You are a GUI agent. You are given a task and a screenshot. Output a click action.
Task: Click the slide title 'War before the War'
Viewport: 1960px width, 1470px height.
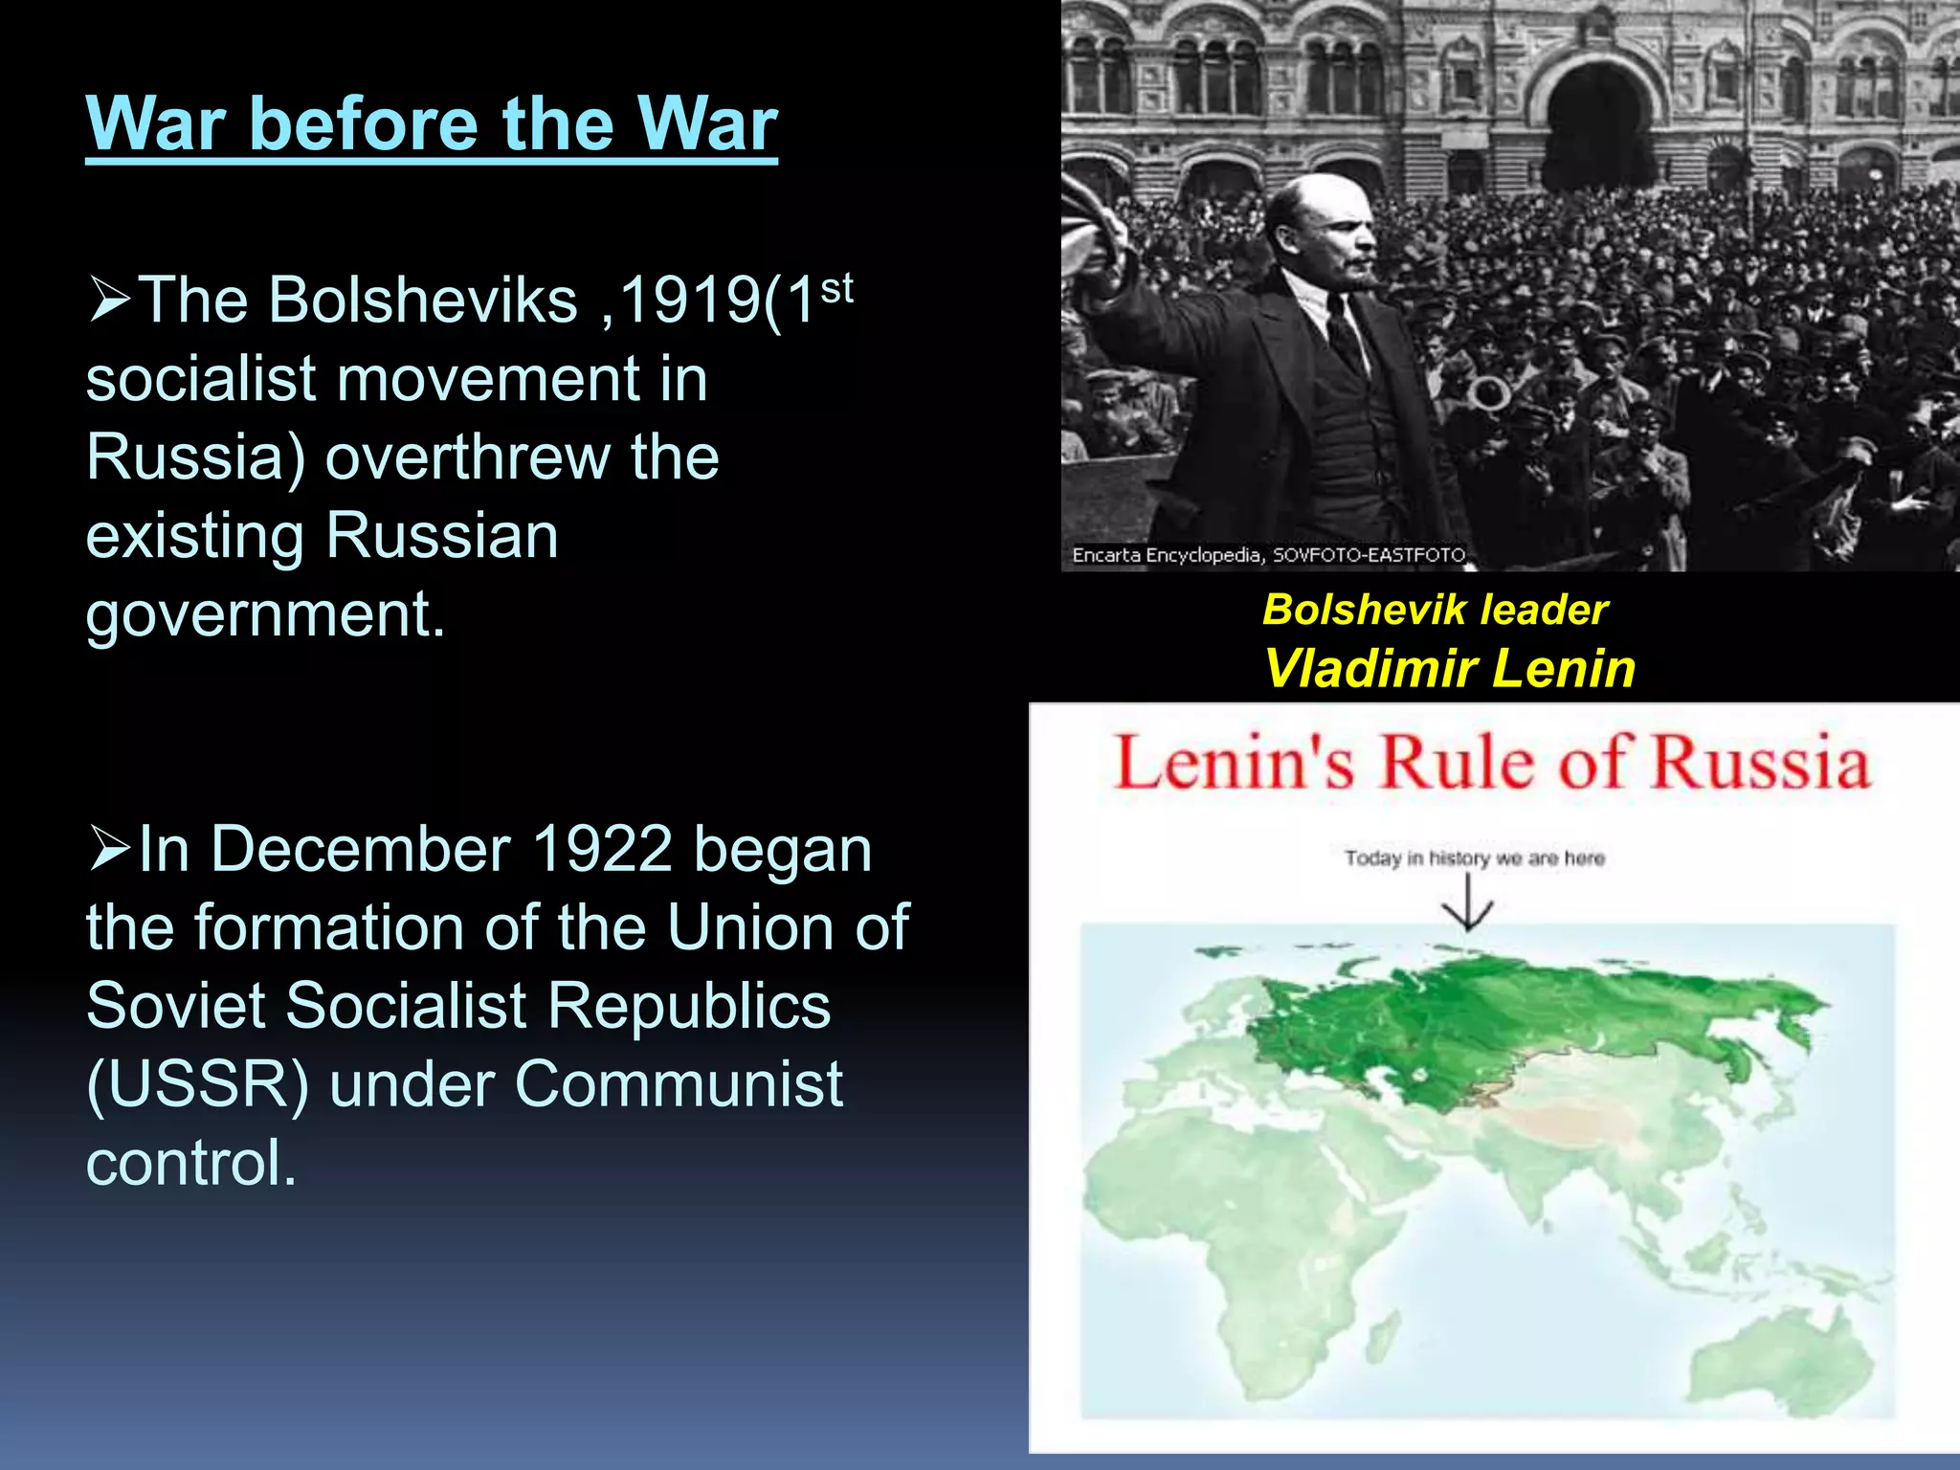432,124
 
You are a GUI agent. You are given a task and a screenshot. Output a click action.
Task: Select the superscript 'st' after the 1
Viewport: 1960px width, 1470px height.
836,287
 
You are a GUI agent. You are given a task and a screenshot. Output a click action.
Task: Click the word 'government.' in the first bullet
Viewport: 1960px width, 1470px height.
265,614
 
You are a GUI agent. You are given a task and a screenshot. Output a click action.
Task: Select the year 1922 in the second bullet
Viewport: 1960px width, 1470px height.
603,849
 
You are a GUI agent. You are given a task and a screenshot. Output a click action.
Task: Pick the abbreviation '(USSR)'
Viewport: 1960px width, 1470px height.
197,1085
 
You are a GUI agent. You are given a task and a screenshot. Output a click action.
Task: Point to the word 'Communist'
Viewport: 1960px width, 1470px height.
679,1085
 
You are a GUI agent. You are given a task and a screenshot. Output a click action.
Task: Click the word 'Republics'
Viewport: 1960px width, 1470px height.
689,1007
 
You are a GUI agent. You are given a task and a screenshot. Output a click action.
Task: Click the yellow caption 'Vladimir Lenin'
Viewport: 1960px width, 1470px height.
1449,668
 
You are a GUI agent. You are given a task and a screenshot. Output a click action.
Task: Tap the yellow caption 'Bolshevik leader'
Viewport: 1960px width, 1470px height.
1435,610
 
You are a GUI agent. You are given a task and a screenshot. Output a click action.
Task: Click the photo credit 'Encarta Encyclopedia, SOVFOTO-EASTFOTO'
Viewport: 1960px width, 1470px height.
1268,555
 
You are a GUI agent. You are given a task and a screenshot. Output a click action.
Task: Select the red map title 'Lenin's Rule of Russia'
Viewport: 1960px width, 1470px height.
1491,763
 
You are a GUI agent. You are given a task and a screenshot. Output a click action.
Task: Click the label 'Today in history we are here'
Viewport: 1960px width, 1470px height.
1474,857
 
